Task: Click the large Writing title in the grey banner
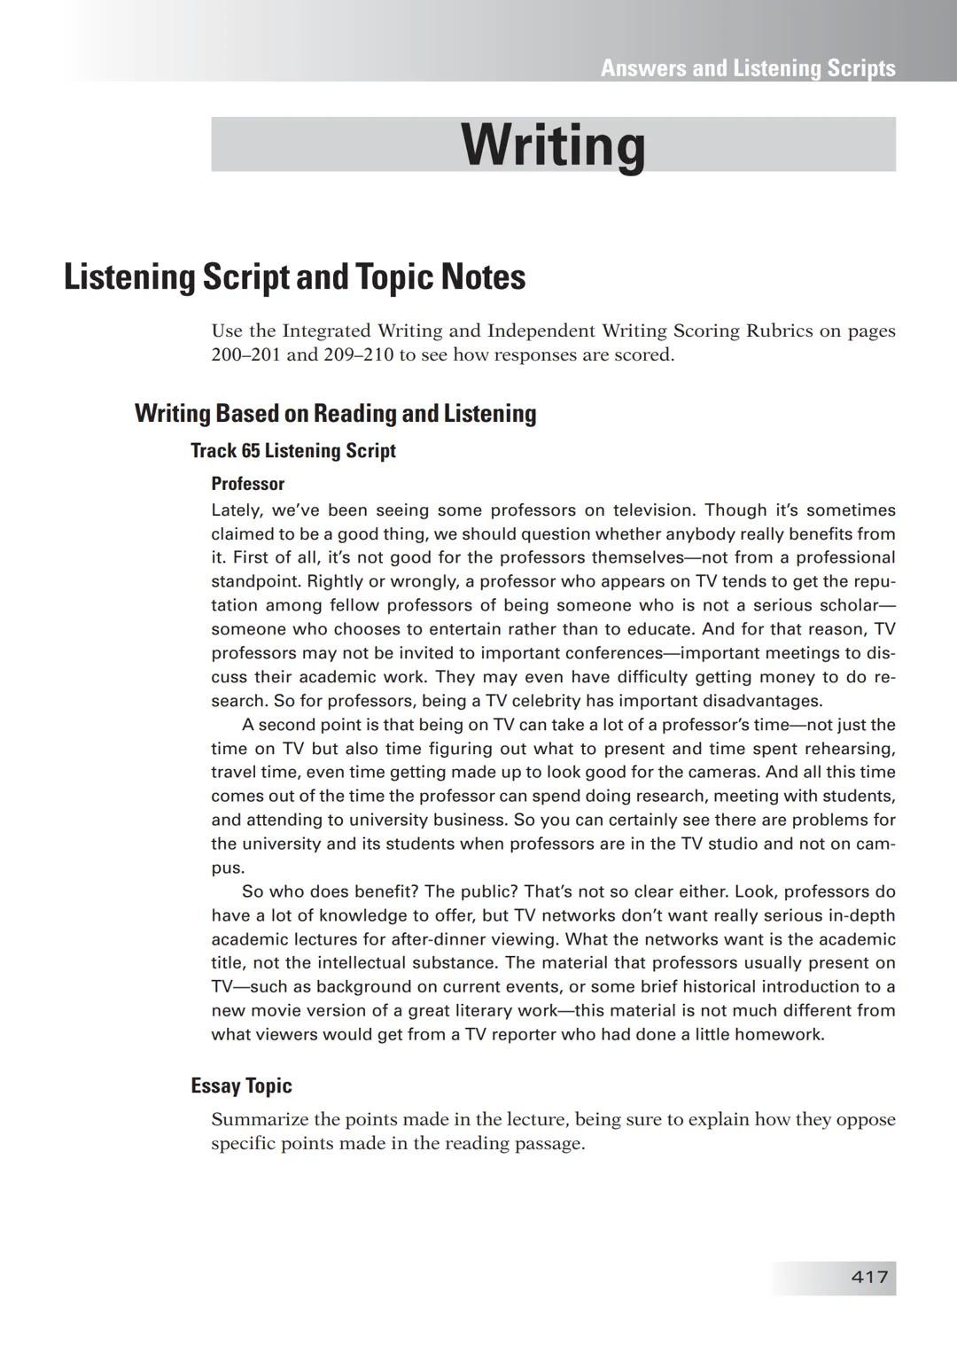click(553, 144)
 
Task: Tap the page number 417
click(869, 1277)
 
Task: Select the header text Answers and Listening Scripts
click(748, 68)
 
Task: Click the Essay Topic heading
click(241, 1085)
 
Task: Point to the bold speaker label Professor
click(248, 484)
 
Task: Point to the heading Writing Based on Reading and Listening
click(335, 413)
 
